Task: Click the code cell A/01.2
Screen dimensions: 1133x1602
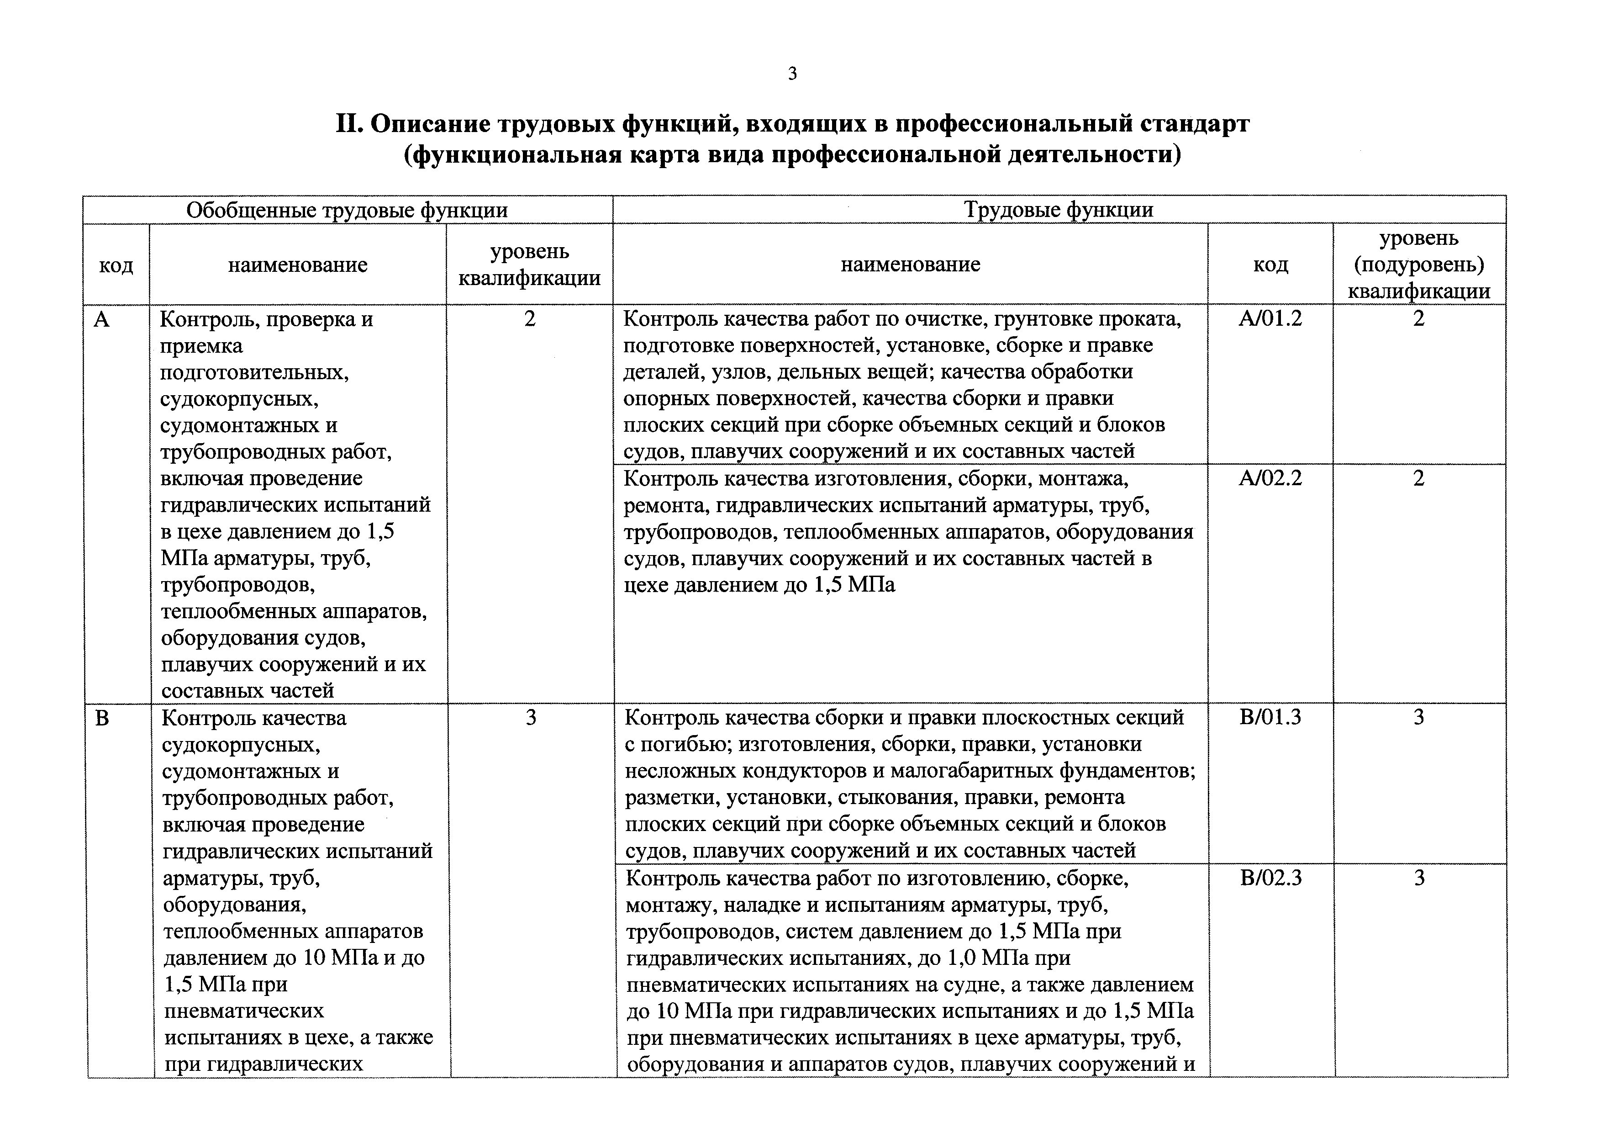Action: pos(1270,319)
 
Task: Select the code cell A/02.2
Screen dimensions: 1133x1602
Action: pos(1270,479)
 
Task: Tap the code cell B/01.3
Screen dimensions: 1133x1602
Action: pos(1270,718)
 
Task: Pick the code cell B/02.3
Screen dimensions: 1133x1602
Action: pos(1270,878)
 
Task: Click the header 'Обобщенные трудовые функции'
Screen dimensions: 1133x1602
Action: pos(347,210)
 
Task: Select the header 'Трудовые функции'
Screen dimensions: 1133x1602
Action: pos(1059,210)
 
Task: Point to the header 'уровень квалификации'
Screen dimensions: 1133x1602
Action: pos(530,265)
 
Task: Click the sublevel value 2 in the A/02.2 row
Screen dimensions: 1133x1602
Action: pos(1418,479)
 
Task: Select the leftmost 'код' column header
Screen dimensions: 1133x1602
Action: pos(116,265)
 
